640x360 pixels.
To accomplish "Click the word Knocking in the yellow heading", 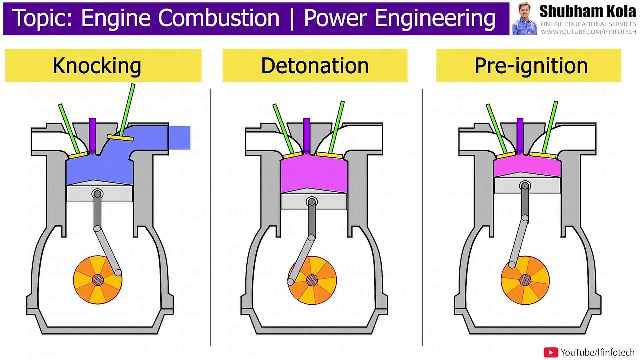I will point(97,66).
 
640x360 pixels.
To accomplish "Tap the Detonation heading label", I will point(315,66).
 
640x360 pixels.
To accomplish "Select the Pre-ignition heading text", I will point(531,66).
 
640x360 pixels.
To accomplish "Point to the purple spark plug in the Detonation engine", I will point(307,134).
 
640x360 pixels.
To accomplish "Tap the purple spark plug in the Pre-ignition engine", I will point(520,134).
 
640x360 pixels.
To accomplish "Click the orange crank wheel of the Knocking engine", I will point(98,280).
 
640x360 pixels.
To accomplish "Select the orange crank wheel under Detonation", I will point(312,280).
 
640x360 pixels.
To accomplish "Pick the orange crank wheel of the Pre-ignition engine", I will point(525,280).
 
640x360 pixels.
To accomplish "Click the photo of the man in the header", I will point(524,18).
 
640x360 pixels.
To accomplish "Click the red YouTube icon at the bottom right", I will point(550,352).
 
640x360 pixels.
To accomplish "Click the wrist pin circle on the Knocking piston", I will point(98,193).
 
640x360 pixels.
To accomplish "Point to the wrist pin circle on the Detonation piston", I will point(312,202).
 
